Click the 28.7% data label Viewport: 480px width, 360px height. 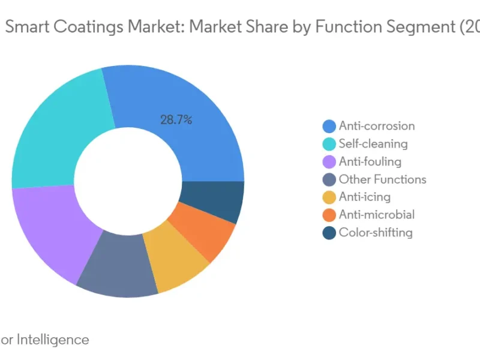click(176, 120)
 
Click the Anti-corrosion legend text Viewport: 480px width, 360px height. click(376, 126)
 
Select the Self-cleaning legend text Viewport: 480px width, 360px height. click(373, 144)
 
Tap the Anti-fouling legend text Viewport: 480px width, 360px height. click(370, 161)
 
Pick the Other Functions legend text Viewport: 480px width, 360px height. click(382, 179)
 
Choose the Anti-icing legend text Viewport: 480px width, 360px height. click(364, 197)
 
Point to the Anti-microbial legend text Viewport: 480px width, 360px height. click(376, 215)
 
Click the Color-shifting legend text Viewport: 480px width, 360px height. click(376, 233)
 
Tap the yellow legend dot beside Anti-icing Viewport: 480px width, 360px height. click(329, 197)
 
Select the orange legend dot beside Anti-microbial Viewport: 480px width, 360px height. click(329, 215)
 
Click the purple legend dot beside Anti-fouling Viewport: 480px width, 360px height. click(329, 162)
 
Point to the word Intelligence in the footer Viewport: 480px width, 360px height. click(52, 340)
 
